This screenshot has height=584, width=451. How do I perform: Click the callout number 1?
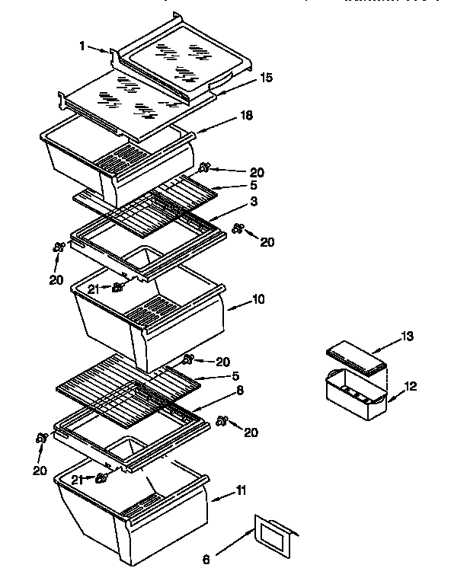point(83,45)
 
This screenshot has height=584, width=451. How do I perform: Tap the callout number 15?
point(266,78)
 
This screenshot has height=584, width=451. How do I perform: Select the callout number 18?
point(246,115)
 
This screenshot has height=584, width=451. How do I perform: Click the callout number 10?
point(258,299)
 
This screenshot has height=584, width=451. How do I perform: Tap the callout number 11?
point(240,491)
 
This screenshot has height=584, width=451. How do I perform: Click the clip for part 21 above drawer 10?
point(117,287)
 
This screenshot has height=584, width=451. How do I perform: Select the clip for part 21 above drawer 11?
point(101,477)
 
